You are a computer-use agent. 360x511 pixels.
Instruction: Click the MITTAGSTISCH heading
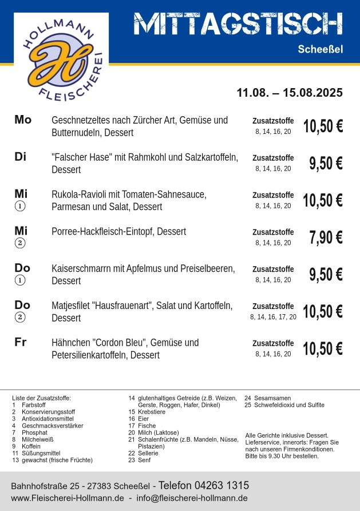click(x=238, y=23)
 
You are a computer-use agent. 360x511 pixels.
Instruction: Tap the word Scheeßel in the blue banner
click(x=320, y=49)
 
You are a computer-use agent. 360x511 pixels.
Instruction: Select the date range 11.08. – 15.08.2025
click(x=290, y=93)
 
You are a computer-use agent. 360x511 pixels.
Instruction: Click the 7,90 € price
click(x=326, y=237)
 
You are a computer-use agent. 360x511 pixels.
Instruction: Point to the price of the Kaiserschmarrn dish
click(x=326, y=275)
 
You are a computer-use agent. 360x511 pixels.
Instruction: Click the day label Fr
click(x=21, y=342)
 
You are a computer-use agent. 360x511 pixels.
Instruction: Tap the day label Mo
click(x=23, y=120)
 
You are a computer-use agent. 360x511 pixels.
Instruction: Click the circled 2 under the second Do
click(x=21, y=317)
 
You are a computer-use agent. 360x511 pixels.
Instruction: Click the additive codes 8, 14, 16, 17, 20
click(x=273, y=316)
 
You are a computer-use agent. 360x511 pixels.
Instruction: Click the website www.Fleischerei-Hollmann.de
click(x=68, y=498)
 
